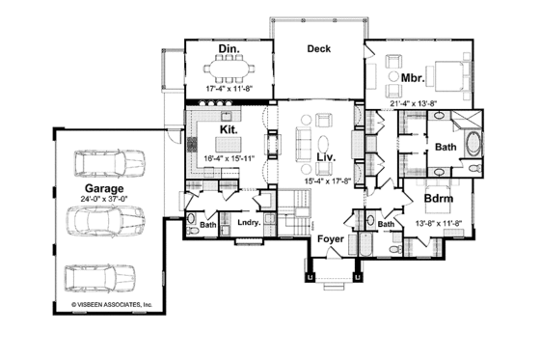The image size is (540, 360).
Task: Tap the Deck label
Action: tap(319, 48)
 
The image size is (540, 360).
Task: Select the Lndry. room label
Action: tap(246, 225)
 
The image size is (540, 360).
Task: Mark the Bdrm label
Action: tap(439, 200)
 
